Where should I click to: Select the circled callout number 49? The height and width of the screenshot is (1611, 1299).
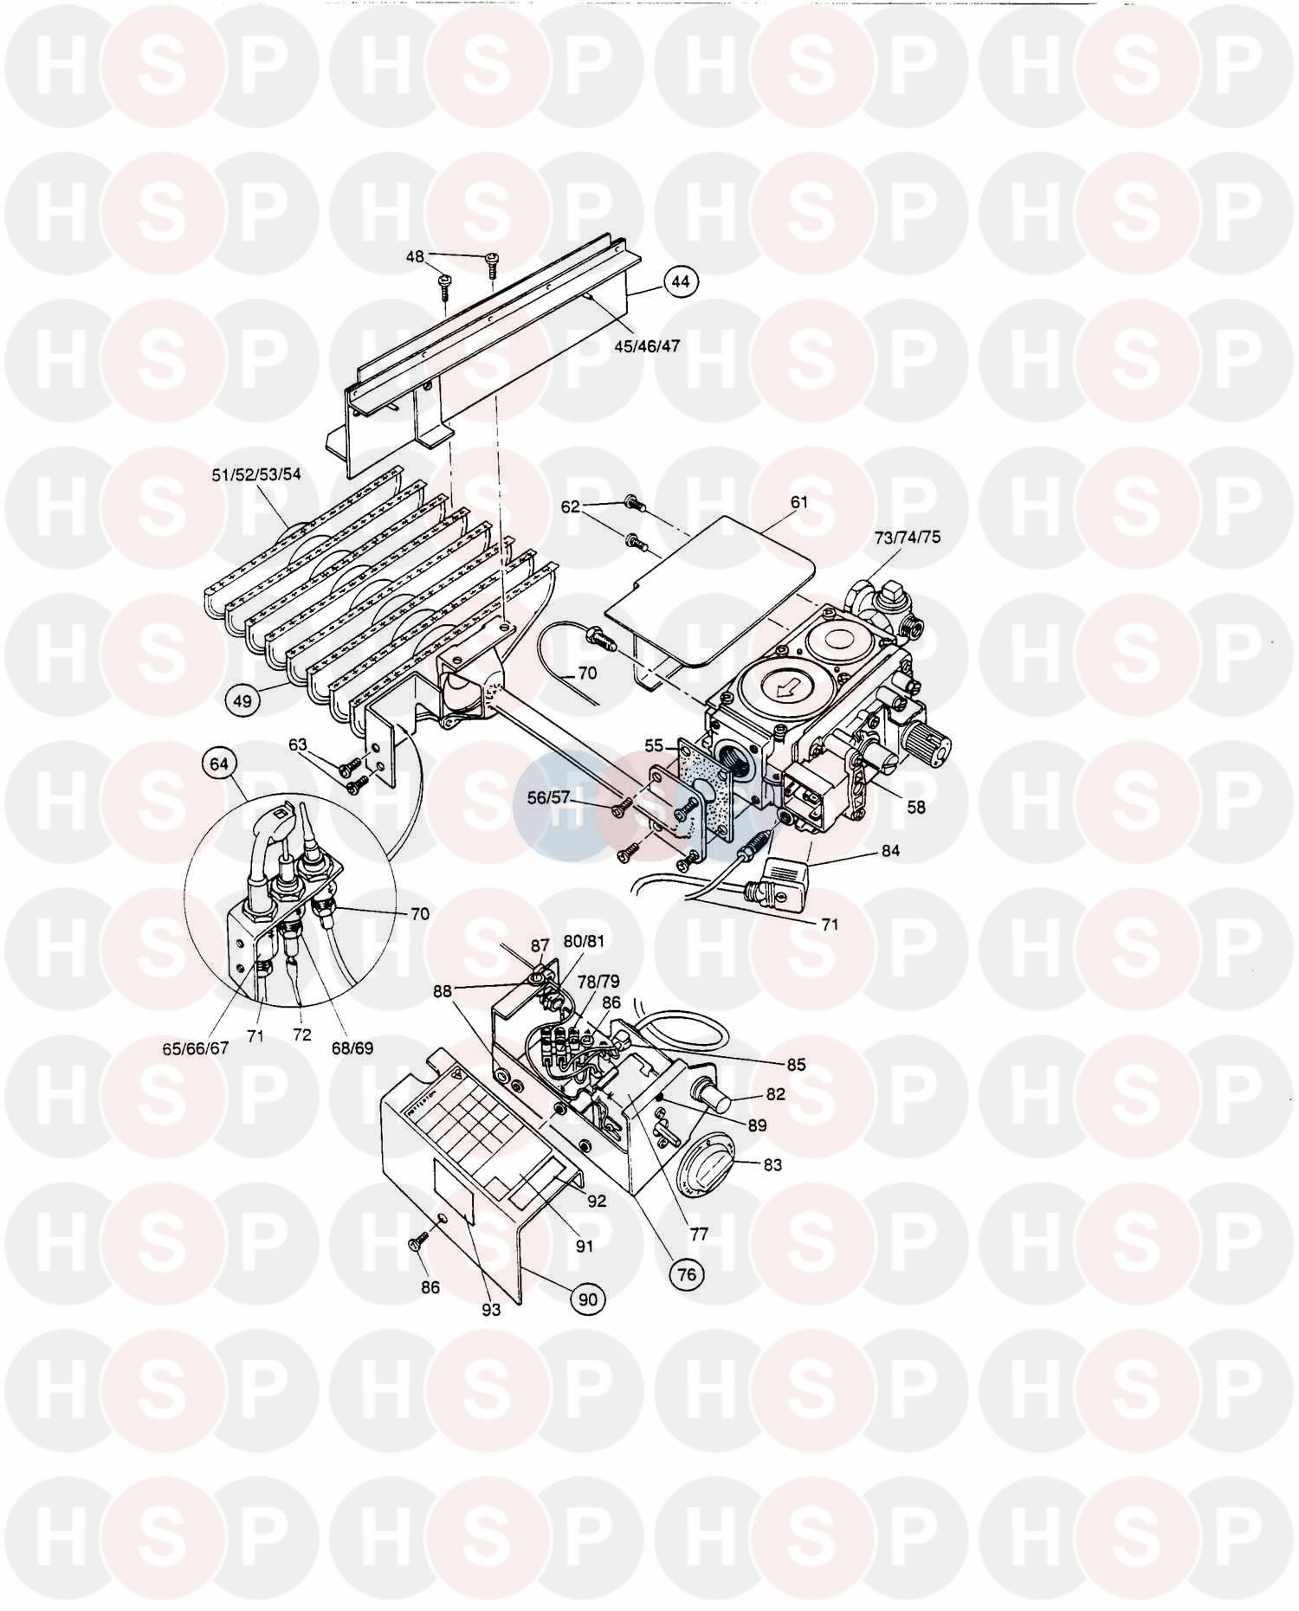click(242, 699)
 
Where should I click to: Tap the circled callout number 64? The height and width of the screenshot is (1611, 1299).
click(219, 764)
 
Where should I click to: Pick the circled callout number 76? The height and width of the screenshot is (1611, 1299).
click(686, 1273)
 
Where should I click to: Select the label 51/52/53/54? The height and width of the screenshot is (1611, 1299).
click(257, 474)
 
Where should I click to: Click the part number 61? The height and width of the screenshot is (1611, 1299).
click(798, 502)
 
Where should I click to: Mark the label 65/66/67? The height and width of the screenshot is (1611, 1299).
click(196, 1047)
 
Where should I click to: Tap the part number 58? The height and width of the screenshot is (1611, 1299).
click(915, 807)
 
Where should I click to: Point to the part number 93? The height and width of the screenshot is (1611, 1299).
click(491, 1310)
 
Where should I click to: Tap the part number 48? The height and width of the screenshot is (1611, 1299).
click(416, 257)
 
